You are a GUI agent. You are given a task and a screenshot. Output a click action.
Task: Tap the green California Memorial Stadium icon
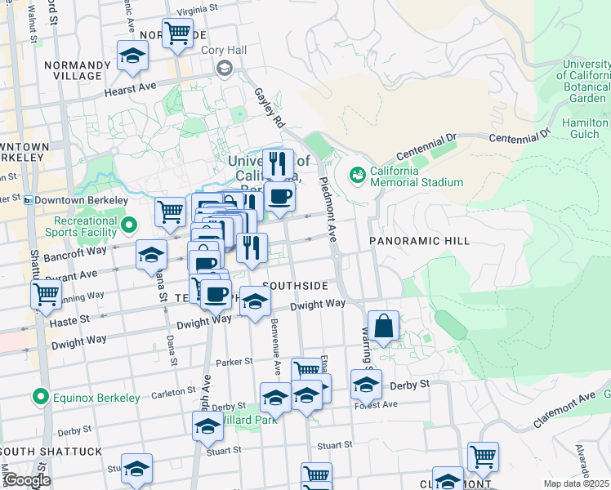pos(357,175)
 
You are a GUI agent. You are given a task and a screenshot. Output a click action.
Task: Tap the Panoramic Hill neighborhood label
pos(419,241)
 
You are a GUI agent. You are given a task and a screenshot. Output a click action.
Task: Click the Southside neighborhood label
pos(297,286)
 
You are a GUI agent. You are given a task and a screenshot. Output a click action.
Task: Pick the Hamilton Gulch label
pos(585,127)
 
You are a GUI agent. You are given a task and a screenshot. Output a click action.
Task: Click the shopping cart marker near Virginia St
pos(177,33)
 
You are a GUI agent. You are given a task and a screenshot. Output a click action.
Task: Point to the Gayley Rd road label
pos(269,109)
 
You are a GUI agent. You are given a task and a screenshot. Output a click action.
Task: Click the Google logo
pos(27,480)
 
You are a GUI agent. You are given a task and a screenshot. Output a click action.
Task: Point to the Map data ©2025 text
pos(575,483)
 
